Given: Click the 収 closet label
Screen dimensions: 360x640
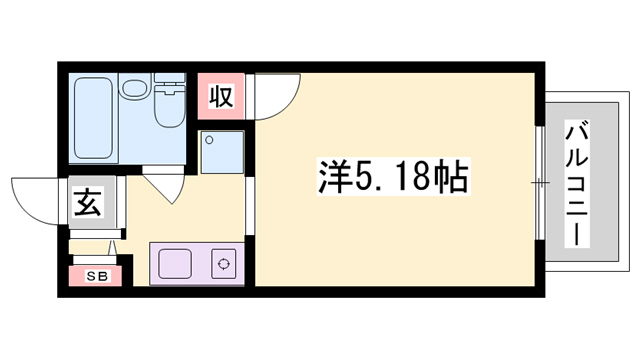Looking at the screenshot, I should pos(220,97).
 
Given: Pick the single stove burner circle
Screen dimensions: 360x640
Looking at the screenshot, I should pos(222,265).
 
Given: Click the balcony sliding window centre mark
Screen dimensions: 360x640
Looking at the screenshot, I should pos(540,183).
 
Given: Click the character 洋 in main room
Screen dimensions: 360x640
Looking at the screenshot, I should pos(333,178).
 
